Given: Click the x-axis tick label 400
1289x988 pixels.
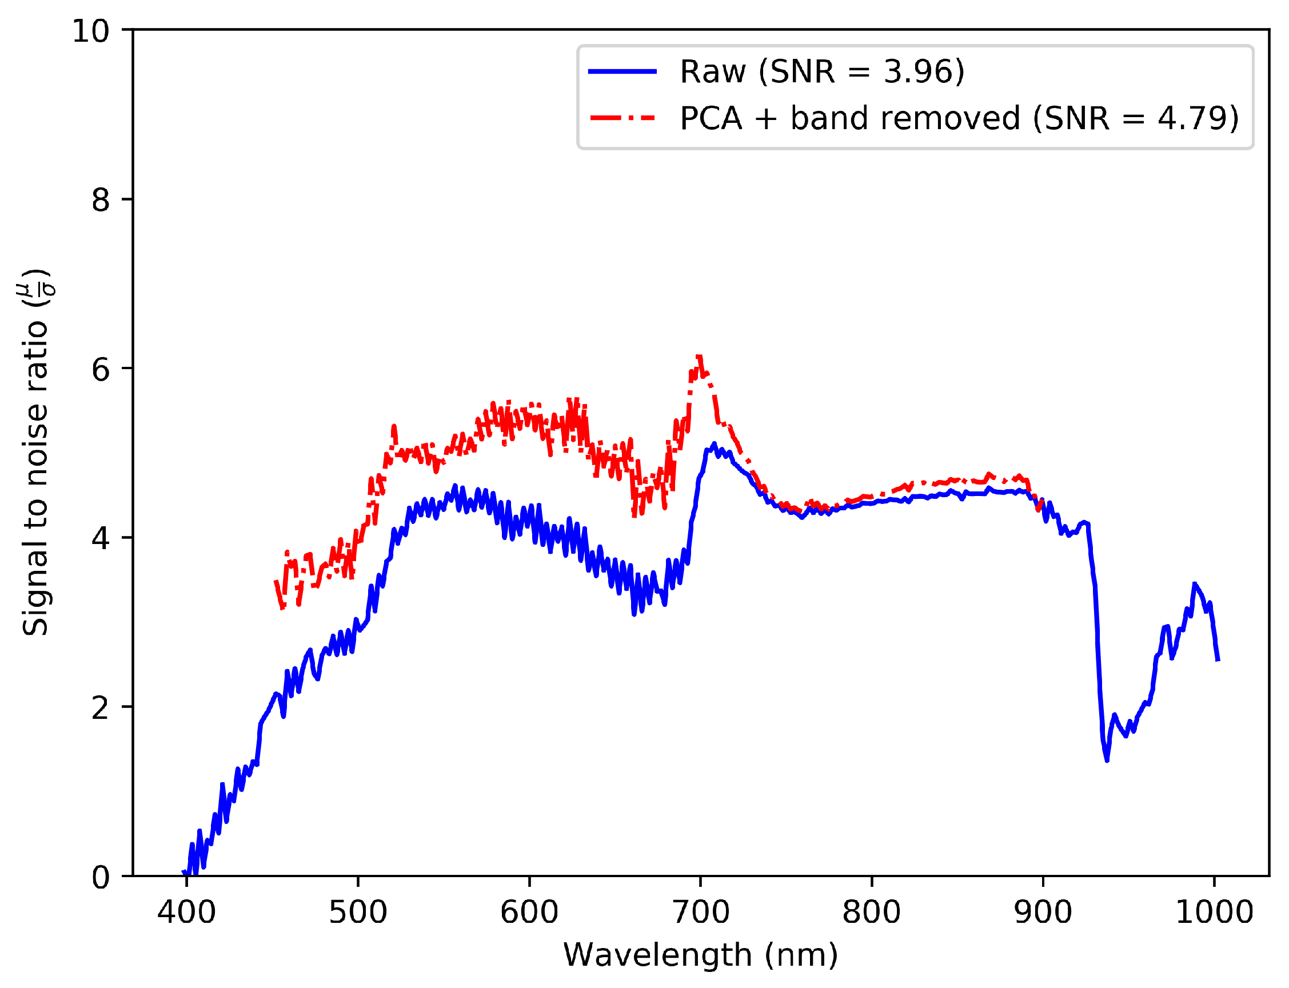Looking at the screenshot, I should pos(186,912).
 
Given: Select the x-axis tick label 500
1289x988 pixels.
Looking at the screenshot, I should pos(358,912).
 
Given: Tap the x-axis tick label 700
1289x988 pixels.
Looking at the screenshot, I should pos(700,912).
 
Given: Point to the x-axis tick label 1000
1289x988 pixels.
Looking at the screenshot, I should pos(1214,912).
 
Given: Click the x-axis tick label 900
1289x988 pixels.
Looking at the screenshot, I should pos(1043,912).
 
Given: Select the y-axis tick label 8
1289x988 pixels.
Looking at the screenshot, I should pos(101,200).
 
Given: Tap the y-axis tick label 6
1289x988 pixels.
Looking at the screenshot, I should pos(101,369).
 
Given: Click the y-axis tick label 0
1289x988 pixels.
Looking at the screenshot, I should pos(101,877).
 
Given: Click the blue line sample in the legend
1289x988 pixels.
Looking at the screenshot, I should pos(622,71).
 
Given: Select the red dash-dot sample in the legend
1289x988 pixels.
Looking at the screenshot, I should pos(622,118).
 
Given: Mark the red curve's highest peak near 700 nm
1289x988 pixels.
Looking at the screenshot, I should pos(699,357).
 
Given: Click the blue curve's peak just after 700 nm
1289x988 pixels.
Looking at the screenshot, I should pos(714,444).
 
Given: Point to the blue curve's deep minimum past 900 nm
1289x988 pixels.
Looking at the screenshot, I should pos(1107,761).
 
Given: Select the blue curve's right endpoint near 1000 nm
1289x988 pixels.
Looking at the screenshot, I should pos(1218,661).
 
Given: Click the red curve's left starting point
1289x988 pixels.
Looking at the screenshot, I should pos(276,581).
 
